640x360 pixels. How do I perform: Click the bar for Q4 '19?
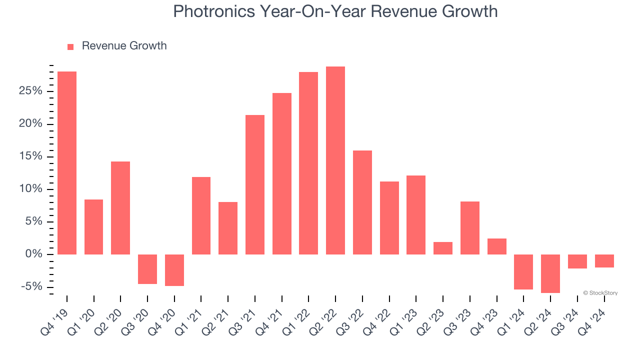pyautogui.click(x=67, y=163)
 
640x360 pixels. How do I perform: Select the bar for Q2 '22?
pyautogui.click(x=335, y=160)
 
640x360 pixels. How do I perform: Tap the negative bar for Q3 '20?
pyautogui.click(x=147, y=269)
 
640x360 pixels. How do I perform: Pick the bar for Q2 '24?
pyautogui.click(x=550, y=273)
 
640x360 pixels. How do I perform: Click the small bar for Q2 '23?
pyautogui.click(x=443, y=248)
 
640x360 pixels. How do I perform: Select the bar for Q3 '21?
pyautogui.click(x=255, y=184)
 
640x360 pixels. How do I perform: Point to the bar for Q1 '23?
pyautogui.click(x=416, y=215)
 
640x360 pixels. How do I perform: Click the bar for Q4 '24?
pyautogui.click(x=604, y=261)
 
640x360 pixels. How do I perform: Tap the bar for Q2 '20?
pyautogui.click(x=120, y=208)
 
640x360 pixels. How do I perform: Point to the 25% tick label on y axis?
pyautogui.click(x=30, y=91)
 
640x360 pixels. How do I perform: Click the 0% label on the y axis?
pyautogui.click(x=34, y=254)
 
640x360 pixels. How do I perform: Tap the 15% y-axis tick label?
pyautogui.click(x=30, y=156)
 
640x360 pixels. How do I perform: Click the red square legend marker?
pyautogui.click(x=70, y=46)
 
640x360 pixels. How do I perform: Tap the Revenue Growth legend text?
pyautogui.click(x=124, y=46)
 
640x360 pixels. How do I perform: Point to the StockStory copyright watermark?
pyautogui.click(x=600, y=293)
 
